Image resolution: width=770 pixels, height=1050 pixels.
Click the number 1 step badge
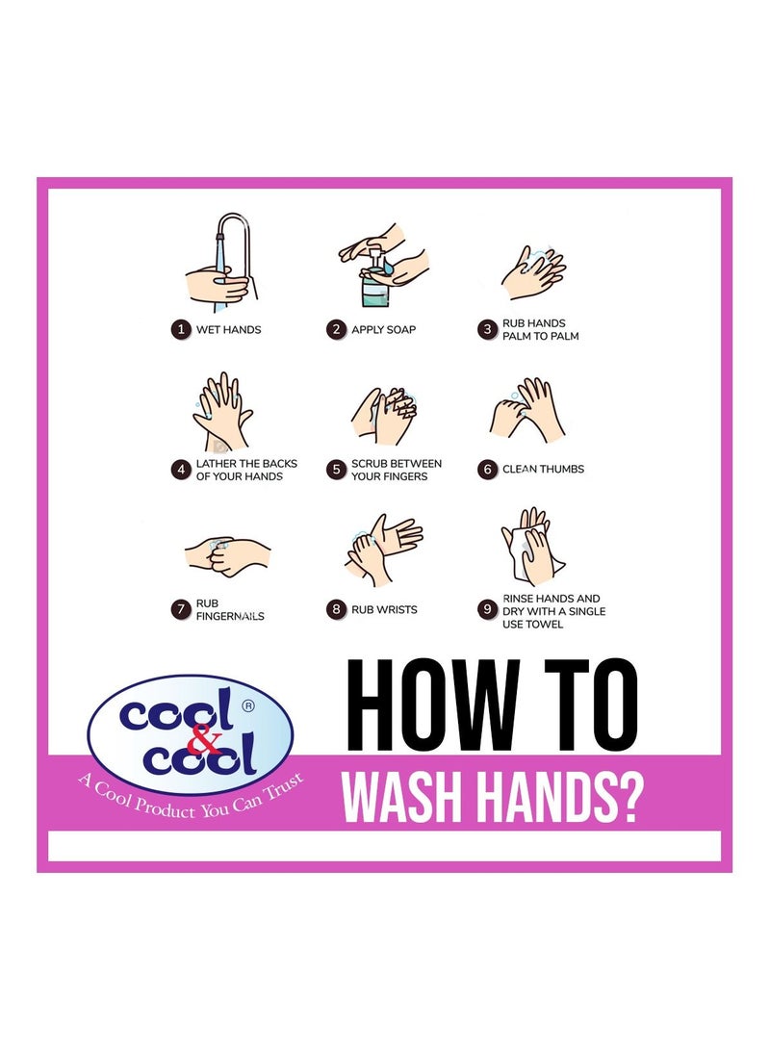[179, 329]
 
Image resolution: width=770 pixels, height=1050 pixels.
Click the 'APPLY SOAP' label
[383, 329]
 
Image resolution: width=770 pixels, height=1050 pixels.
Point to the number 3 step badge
[487, 329]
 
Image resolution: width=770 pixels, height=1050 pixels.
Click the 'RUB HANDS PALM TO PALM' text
[540, 330]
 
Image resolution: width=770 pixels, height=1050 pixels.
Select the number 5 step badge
[336, 470]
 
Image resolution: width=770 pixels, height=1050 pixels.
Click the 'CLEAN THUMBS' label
[543, 470]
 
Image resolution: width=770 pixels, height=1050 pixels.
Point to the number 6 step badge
[487, 470]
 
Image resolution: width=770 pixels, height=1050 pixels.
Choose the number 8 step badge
[336, 609]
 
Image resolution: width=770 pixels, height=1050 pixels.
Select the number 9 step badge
[487, 609]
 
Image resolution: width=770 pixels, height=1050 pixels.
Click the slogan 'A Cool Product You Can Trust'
[191, 795]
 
